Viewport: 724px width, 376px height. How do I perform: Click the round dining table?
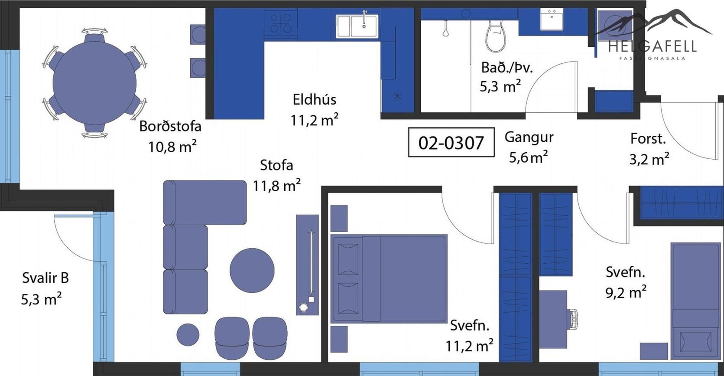(94, 83)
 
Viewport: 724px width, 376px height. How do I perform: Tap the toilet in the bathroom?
(496, 36)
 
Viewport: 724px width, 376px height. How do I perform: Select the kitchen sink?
(357, 26)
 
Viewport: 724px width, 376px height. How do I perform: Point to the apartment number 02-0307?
(451, 142)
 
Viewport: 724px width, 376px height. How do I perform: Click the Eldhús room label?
(315, 99)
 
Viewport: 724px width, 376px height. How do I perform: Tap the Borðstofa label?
(170, 126)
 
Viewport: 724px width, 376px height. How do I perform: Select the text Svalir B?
(45, 278)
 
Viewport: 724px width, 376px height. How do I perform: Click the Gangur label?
(529, 137)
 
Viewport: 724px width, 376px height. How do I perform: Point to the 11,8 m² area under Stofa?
(277, 186)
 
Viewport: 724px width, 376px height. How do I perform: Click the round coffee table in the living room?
(252, 271)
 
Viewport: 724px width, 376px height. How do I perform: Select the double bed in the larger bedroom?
(389, 278)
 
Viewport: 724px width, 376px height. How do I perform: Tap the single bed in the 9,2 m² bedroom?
(695, 301)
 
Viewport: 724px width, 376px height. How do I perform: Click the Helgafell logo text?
(652, 46)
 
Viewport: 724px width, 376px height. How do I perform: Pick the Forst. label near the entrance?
(648, 139)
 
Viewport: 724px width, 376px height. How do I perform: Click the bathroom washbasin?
(552, 20)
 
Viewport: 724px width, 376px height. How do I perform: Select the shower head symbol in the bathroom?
(446, 29)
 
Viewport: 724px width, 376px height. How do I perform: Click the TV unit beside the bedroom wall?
(307, 265)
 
